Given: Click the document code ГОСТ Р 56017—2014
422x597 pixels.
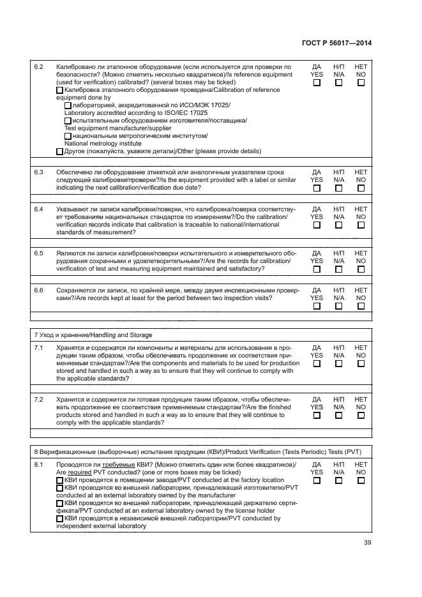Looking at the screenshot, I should (x=336, y=43).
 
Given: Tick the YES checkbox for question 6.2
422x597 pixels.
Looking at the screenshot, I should (x=317, y=82).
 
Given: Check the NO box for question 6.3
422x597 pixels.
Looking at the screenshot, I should (x=361, y=188).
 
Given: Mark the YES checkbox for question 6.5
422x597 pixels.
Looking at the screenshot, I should (x=317, y=269).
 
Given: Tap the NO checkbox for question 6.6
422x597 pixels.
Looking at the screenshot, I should (x=361, y=306).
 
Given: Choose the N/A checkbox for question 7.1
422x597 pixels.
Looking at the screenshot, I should (x=339, y=363).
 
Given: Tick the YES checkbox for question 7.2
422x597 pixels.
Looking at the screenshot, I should (x=317, y=414).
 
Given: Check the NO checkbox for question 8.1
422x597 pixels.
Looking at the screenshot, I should (x=361, y=480).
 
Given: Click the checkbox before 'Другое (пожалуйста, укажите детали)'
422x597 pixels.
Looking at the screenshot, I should (x=60, y=151).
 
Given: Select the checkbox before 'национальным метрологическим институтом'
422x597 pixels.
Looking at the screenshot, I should (x=68, y=136).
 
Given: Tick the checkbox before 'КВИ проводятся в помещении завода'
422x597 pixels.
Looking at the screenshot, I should (x=60, y=480).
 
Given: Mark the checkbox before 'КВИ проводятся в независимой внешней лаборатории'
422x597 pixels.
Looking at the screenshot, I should (x=60, y=518).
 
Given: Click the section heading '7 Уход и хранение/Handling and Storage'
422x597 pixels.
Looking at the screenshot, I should (x=93, y=335).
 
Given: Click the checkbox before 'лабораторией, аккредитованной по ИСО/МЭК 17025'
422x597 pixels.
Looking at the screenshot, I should (x=68, y=105).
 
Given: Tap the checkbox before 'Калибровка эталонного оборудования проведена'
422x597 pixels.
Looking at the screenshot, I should (x=60, y=90).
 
